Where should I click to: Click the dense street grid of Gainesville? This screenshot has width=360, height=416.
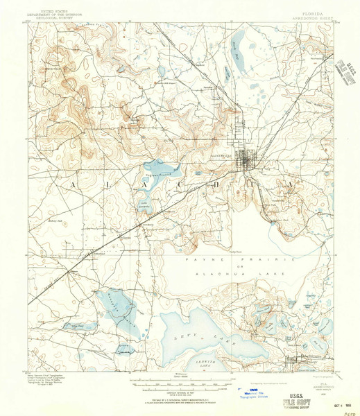tap(247, 164)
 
